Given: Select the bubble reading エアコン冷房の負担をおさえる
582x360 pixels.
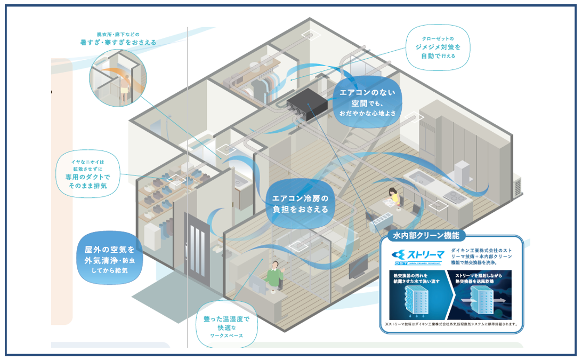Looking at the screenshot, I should [300, 203].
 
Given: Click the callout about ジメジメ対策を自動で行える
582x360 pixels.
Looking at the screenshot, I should [438, 48].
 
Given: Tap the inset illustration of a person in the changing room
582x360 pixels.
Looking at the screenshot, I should [118, 77].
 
